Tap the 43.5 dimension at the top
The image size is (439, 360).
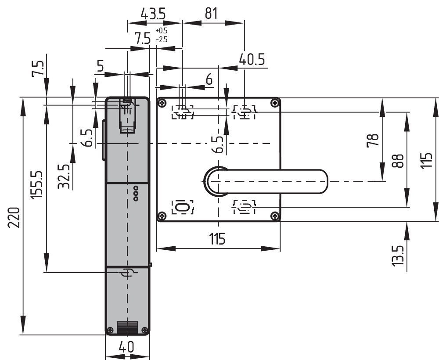click(x=153, y=14)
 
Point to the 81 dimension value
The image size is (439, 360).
click(x=211, y=14)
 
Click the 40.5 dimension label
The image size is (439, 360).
click(x=252, y=59)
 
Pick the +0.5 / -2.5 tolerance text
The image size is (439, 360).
click(x=162, y=35)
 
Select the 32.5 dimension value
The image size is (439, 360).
click(x=65, y=176)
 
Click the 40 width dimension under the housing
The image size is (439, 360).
click(x=126, y=347)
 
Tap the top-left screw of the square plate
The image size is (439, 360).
click(x=162, y=104)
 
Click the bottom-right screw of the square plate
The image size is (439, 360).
click(x=275, y=216)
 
